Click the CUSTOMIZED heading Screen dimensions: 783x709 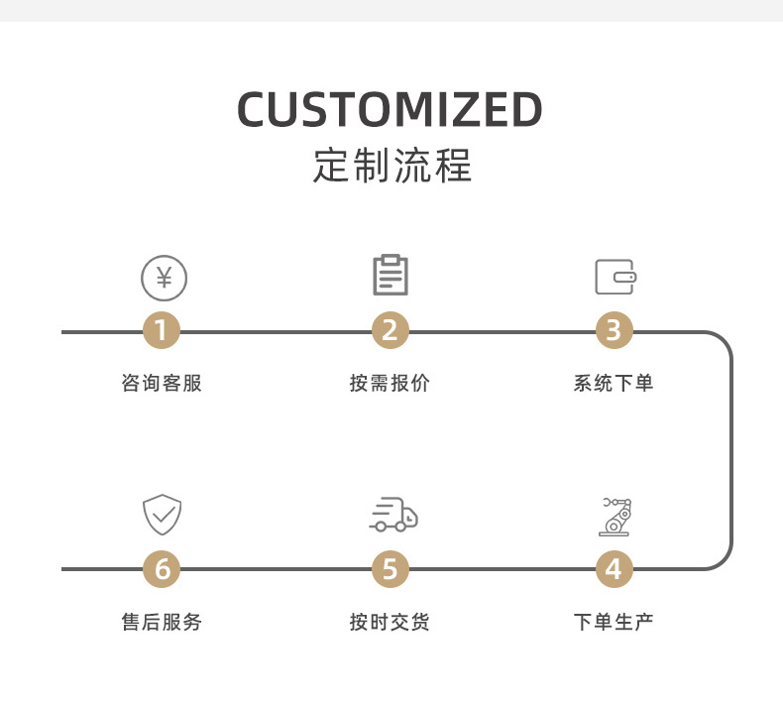click(x=390, y=109)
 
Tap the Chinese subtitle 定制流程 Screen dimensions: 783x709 click(x=392, y=166)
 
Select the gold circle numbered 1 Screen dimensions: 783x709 click(x=162, y=331)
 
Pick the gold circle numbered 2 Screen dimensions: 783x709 click(x=390, y=331)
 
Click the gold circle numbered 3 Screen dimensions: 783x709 click(x=614, y=331)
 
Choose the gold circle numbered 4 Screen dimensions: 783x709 click(x=614, y=569)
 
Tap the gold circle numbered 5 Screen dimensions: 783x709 click(x=390, y=569)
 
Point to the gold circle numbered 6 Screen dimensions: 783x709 click(x=162, y=569)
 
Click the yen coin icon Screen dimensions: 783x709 click(x=164, y=278)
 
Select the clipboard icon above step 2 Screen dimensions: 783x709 click(x=391, y=275)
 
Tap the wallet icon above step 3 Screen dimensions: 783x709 click(x=615, y=277)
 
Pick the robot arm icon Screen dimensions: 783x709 click(x=615, y=517)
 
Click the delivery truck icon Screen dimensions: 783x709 click(x=394, y=514)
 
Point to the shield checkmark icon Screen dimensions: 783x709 click(x=163, y=515)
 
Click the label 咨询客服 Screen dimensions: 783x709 click(x=162, y=383)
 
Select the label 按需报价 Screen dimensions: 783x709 click(x=390, y=383)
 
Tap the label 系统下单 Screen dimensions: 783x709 click(x=614, y=383)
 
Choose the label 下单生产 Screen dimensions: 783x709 click(x=614, y=622)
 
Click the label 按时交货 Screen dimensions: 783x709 click(x=390, y=622)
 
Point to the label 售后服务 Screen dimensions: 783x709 click(x=162, y=622)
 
